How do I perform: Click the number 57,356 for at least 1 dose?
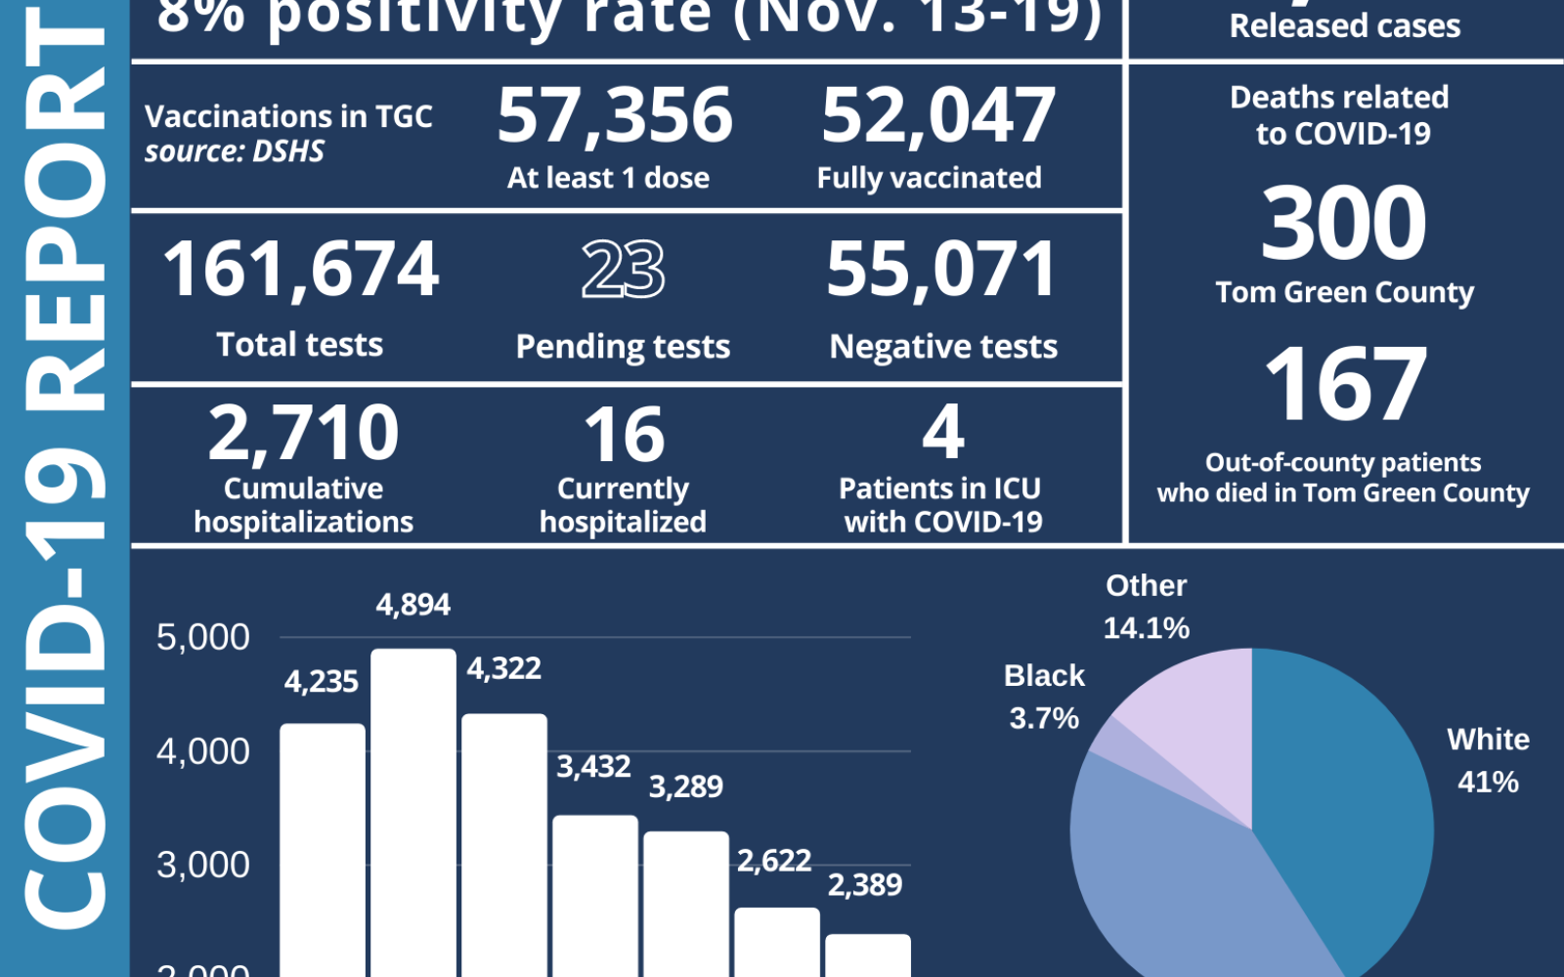click(615, 116)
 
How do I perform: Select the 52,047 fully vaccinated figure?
click(938, 116)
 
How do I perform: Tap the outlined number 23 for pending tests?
click(624, 270)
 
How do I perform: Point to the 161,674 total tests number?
click(301, 270)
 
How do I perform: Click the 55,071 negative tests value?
click(942, 270)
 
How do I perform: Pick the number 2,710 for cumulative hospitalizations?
click(304, 433)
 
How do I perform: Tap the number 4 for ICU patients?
click(943, 432)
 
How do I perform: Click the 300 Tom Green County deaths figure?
click(1343, 225)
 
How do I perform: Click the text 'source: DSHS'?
click(235, 151)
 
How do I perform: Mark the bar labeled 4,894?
click(413, 811)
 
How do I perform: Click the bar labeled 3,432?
click(595, 894)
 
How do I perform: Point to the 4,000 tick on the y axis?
click(203, 751)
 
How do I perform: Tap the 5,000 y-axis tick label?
click(203, 637)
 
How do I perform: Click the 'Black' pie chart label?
click(1044, 675)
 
